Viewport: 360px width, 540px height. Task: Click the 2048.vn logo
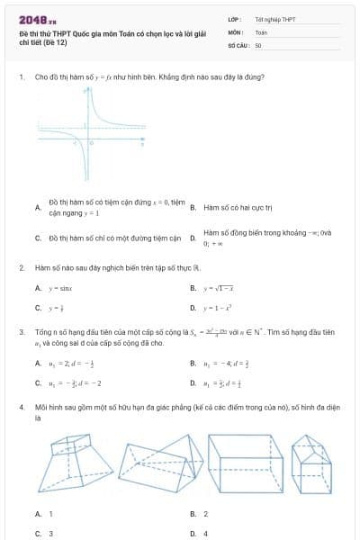pos(38,19)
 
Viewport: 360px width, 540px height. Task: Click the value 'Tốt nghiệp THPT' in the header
pos(274,19)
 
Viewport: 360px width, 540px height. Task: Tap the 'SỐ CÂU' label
pos(237,44)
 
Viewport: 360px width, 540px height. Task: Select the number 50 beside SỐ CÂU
pos(258,44)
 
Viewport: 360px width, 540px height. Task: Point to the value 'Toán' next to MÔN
pos(261,31)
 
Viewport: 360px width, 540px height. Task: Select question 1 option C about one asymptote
pos(109,238)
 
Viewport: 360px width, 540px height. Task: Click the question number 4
pos(21,407)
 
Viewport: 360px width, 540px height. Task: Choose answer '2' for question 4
pos(205,514)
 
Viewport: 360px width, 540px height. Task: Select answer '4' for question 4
pos(205,534)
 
